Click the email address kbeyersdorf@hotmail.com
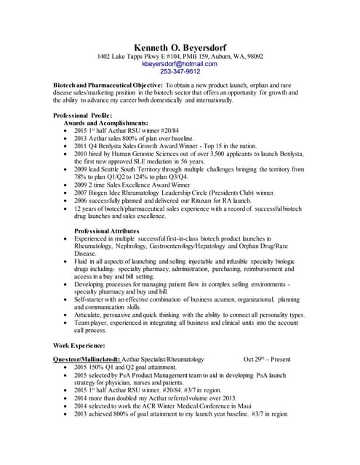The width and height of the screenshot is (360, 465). point(180,64)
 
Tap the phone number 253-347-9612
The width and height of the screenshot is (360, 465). point(180,72)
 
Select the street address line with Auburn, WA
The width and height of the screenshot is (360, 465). point(180,56)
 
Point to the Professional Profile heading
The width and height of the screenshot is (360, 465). point(83,116)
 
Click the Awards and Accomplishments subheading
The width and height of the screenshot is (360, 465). point(106,124)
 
